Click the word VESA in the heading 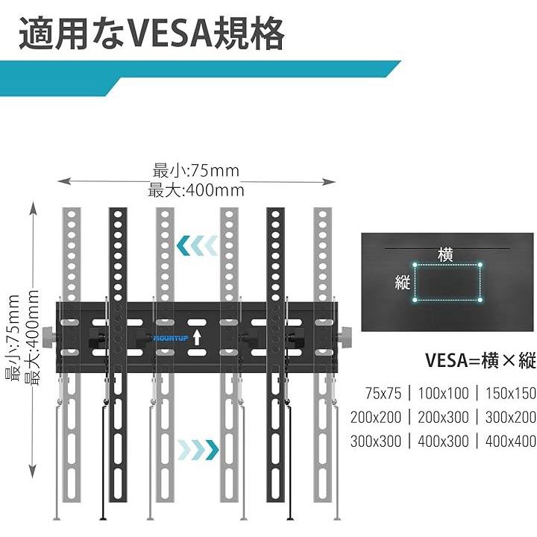[x=163, y=34]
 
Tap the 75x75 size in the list [x=383, y=393]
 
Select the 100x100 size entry [x=445, y=393]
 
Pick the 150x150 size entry [x=510, y=393]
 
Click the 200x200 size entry [x=376, y=417]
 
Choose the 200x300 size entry [x=445, y=417]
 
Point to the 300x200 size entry [x=510, y=417]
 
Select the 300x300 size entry [x=376, y=441]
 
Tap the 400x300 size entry [x=445, y=441]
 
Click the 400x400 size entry [x=510, y=441]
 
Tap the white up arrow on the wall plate [x=196, y=337]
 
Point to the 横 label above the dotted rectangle [x=446, y=254]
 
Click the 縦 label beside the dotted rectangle [x=403, y=283]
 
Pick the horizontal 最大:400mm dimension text [x=196, y=189]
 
